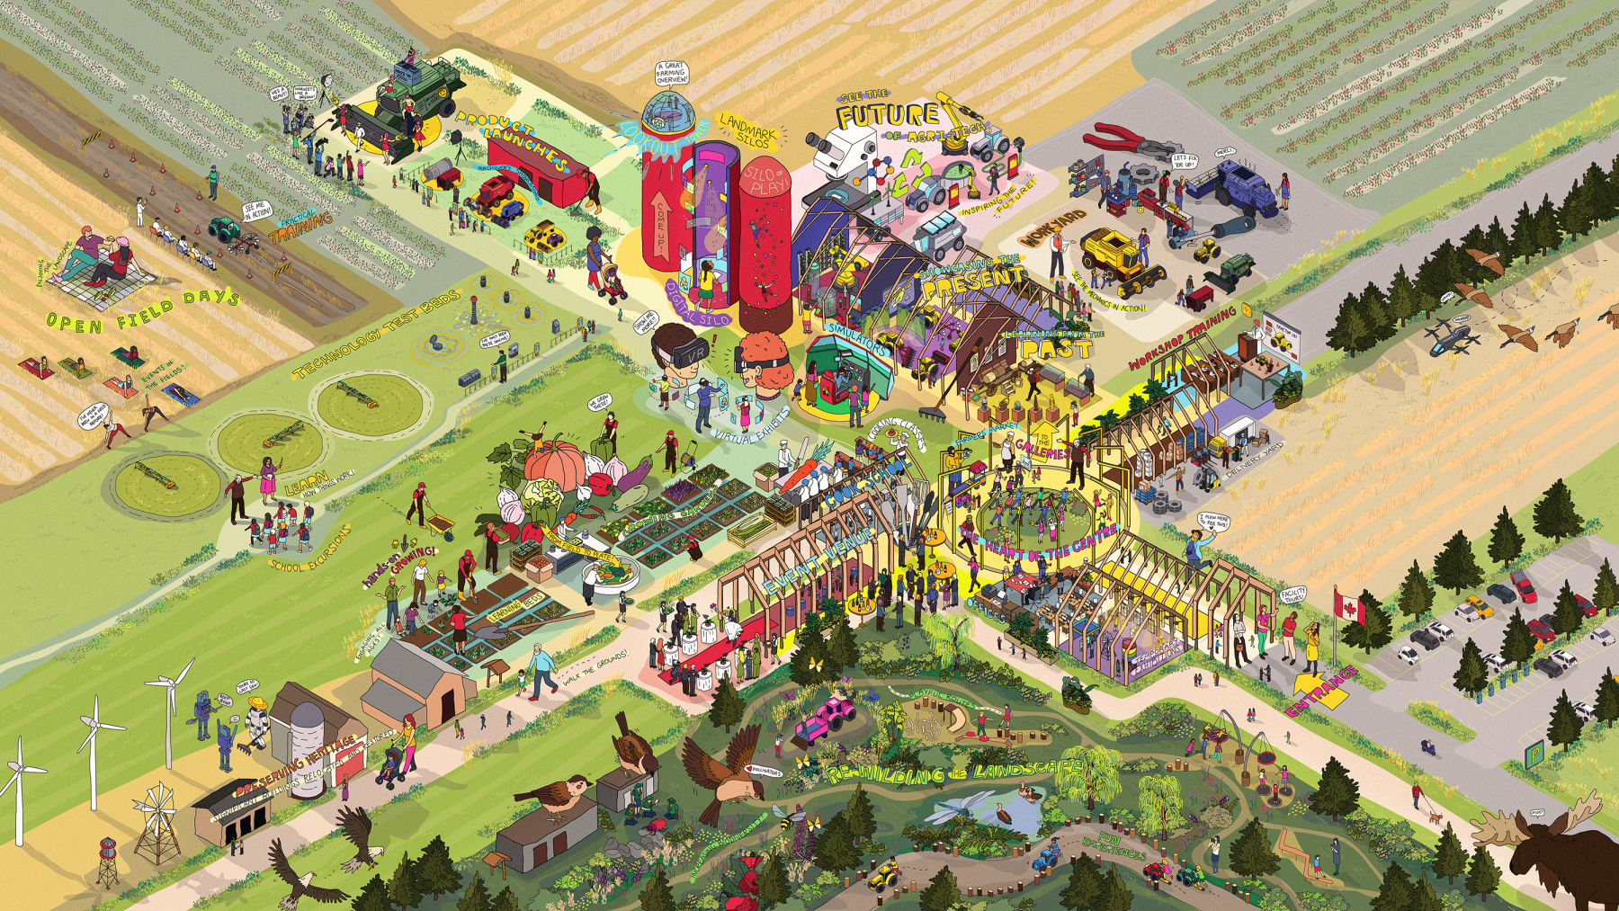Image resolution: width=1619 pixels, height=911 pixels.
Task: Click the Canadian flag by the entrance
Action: pos(1350,610)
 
